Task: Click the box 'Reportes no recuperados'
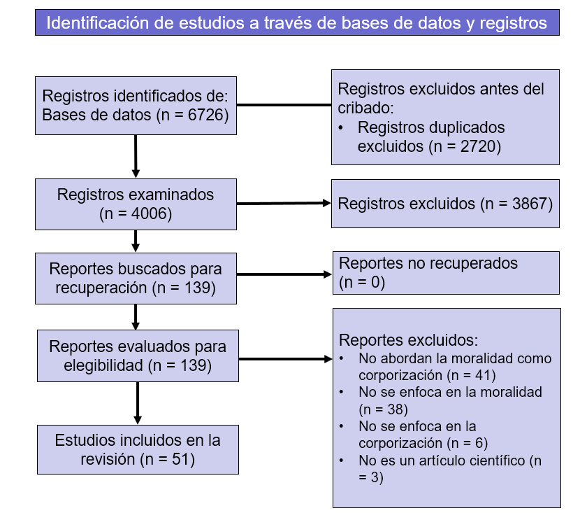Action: point(445,272)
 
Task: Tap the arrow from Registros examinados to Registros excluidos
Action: point(284,204)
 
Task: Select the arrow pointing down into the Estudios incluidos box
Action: point(136,405)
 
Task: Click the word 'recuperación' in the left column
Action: point(89,288)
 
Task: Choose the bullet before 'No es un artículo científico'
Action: point(341,461)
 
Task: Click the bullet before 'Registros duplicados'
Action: point(341,129)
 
